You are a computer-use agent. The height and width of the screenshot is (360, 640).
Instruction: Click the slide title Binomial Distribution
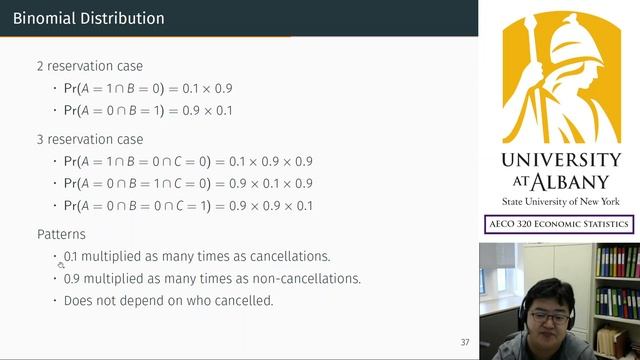pos(89,18)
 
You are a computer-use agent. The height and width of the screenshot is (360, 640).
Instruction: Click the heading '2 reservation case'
pos(89,66)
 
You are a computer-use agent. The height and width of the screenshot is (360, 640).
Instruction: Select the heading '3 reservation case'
pos(89,139)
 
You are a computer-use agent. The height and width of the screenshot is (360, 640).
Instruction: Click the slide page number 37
pos(465,342)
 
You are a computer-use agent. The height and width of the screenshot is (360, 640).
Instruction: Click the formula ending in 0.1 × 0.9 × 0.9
pos(188,161)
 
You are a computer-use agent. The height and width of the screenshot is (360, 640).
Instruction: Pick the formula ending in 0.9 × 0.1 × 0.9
pos(188,183)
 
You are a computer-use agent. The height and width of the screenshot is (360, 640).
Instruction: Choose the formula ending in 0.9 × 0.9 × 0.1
pos(188,206)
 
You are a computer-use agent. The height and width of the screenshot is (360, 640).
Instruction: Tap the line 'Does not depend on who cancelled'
pos(168,300)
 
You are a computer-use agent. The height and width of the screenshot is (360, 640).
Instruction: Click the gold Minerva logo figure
pos(560,76)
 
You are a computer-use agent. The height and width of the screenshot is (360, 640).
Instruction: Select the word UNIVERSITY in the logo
pos(560,161)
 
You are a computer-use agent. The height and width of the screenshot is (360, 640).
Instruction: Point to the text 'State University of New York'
pos(560,201)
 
